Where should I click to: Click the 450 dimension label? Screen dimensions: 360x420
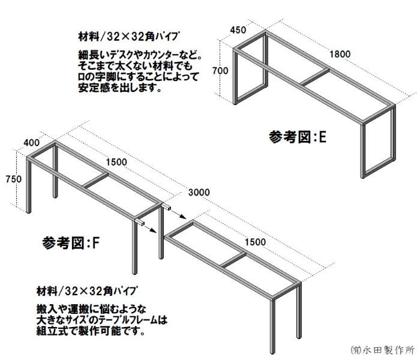pyautogui.click(x=238, y=30)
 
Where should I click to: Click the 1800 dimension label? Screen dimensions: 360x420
pyautogui.click(x=339, y=54)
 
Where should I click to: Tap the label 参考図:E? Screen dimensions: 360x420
pyautogui.click(x=298, y=137)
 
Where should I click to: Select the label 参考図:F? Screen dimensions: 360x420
pyautogui.click(x=71, y=242)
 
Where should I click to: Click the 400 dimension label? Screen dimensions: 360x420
pyautogui.click(x=32, y=143)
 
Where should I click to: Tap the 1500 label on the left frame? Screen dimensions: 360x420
pyautogui.click(x=117, y=161)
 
